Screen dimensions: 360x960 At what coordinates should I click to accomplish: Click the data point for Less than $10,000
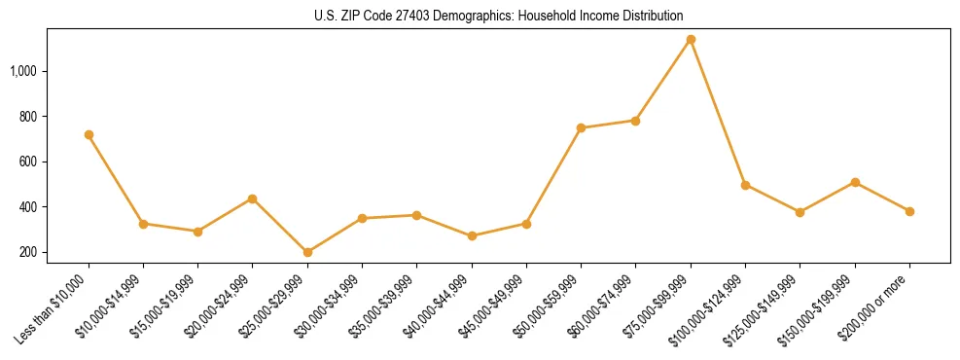(x=89, y=134)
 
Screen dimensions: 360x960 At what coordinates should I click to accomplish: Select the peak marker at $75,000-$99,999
(x=691, y=39)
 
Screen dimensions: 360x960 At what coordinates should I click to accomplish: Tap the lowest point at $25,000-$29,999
(x=307, y=252)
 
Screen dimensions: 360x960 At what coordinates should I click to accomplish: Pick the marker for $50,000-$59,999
(x=581, y=127)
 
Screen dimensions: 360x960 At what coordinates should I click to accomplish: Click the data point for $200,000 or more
(x=909, y=211)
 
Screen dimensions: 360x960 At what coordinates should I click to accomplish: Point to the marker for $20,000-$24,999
(x=253, y=198)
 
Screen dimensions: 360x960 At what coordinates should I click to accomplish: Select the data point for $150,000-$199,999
(x=855, y=182)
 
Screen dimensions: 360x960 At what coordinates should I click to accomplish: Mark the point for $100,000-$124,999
(x=745, y=185)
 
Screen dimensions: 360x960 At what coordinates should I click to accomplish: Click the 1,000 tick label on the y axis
(x=23, y=71)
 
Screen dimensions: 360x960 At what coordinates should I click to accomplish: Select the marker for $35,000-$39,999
(x=416, y=215)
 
